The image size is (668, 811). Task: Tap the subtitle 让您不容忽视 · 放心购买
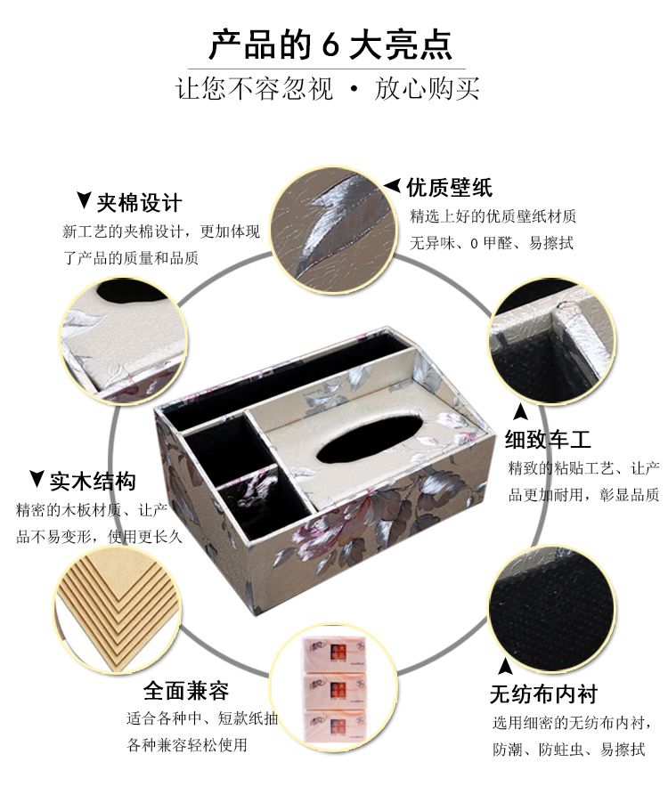click(328, 88)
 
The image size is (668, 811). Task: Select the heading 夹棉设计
click(139, 203)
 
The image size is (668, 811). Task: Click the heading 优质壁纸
click(449, 187)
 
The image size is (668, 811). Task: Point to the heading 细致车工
click(548, 440)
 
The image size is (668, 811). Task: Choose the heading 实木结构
click(93, 481)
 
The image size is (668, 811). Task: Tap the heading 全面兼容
click(186, 691)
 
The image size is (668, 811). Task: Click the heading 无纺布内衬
click(544, 693)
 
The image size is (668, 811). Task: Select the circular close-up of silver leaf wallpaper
click(334, 231)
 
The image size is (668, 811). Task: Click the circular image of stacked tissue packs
click(334, 688)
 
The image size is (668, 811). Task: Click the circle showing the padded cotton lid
click(124, 341)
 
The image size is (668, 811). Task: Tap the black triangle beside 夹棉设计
click(84, 199)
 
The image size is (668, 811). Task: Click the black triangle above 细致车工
click(520, 411)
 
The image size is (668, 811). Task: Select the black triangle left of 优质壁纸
click(393, 185)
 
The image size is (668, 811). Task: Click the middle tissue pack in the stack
click(335, 689)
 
